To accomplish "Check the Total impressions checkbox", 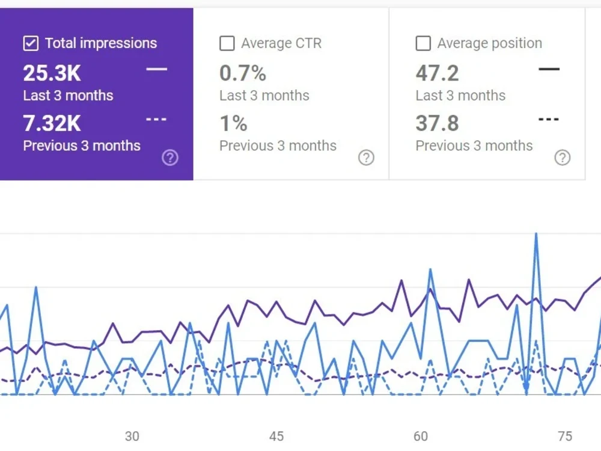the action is point(31,43).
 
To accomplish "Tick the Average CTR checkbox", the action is point(227,43).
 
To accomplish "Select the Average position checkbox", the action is point(423,43).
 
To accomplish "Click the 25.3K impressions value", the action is point(52,73).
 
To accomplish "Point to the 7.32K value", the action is point(52,123).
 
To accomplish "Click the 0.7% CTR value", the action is point(243,73).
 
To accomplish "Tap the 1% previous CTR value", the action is point(233,123).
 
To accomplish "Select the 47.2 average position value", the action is point(437,73).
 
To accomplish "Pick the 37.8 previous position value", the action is point(437,123).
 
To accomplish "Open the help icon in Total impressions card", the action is point(170,158).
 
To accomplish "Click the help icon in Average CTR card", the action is point(366,158).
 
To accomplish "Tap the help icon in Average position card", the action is point(563,158).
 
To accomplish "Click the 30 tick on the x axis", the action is point(132,436).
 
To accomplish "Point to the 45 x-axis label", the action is point(276,436).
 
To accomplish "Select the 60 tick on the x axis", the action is point(421,436).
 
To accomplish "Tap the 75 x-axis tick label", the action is point(565,436).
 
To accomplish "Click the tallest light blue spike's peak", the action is point(536,233).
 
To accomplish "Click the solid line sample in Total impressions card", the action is point(157,69).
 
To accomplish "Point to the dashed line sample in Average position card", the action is point(549,119).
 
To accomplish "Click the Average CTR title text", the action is point(281,43).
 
